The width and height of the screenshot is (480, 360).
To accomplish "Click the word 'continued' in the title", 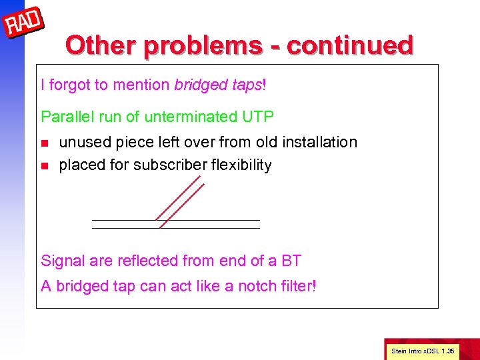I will click(x=350, y=45).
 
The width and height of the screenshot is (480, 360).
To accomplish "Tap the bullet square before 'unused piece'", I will click(x=45, y=143).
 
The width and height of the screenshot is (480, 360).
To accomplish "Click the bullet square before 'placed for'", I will click(x=45, y=165).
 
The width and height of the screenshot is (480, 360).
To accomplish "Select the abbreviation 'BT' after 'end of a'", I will click(x=291, y=261).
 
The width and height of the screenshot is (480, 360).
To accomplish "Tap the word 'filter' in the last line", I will click(x=295, y=287).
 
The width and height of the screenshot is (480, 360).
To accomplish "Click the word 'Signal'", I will click(x=62, y=261).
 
